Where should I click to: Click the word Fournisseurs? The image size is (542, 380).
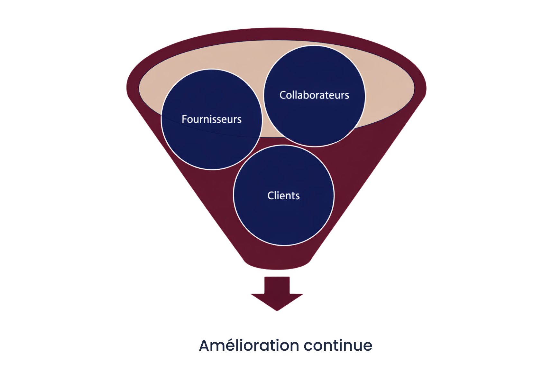tap(211, 119)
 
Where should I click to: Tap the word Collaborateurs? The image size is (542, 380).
tap(314, 95)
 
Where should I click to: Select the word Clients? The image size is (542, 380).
tap(283, 195)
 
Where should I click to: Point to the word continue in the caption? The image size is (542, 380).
tap(338, 345)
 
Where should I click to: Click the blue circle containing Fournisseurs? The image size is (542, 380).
tap(211, 145)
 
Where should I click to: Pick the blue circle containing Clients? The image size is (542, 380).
tap(283, 219)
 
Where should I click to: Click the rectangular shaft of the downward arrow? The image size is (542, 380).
tap(277, 285)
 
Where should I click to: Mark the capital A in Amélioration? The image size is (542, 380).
tap(206, 345)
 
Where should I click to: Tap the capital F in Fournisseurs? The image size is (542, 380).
tap(184, 119)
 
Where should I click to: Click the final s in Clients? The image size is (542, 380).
tap(298, 196)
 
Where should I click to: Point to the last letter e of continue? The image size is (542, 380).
tap(368, 346)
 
